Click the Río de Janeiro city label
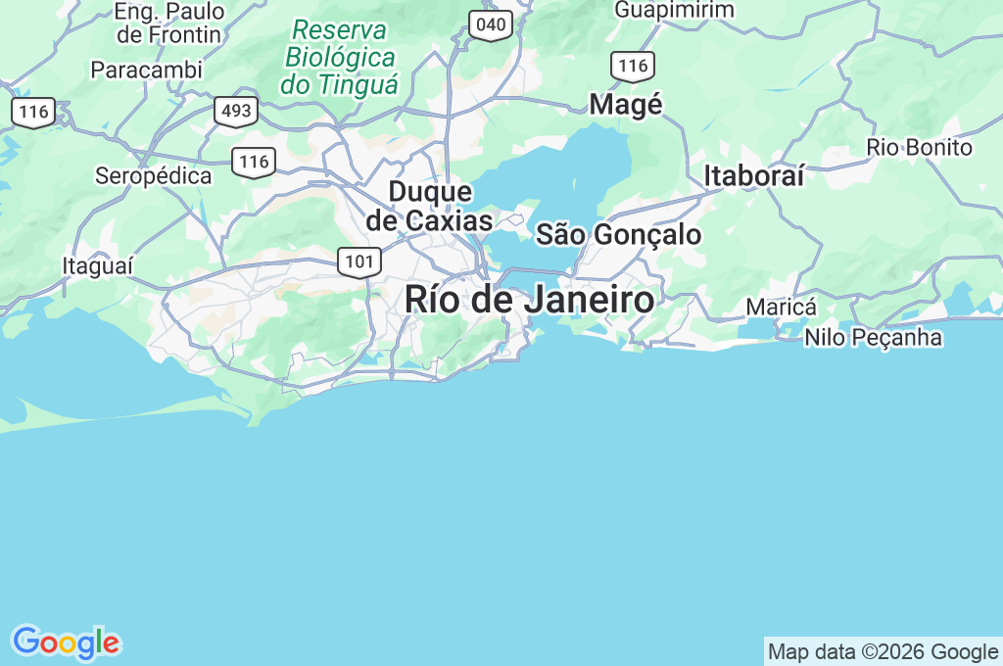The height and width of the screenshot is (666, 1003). (x=529, y=300)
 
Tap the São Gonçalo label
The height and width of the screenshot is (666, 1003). (x=618, y=235)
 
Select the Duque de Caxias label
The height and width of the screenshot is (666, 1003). (x=429, y=207)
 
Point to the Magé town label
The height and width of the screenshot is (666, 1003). (x=626, y=105)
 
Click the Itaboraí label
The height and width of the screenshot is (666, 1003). (x=754, y=176)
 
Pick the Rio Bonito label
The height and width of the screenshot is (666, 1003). (x=919, y=148)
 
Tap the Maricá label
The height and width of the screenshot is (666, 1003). (x=781, y=307)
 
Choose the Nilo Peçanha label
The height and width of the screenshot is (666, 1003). (x=873, y=338)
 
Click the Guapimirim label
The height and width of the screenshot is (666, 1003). (x=674, y=10)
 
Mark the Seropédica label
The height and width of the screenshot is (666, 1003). (x=153, y=176)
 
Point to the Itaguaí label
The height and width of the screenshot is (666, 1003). (x=97, y=266)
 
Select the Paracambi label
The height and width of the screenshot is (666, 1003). (x=146, y=71)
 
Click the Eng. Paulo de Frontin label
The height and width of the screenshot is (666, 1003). (x=169, y=24)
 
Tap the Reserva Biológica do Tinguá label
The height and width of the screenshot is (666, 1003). (x=340, y=57)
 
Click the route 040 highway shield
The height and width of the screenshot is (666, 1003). (x=490, y=24)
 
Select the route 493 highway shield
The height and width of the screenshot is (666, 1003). (x=236, y=111)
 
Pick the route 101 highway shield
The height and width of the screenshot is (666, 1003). (x=359, y=262)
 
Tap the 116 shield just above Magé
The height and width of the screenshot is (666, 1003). (x=633, y=66)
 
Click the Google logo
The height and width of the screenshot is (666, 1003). (x=66, y=643)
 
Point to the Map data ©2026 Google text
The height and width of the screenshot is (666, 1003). (x=883, y=651)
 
